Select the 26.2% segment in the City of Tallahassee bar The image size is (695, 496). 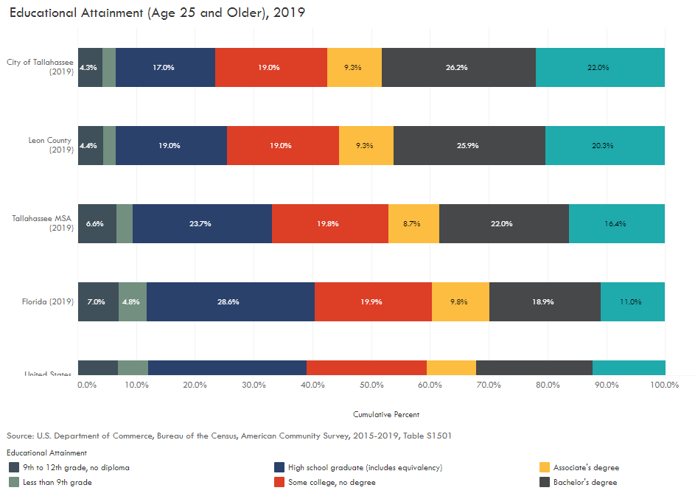pos(458,68)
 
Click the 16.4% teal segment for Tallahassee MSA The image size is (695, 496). pos(616,223)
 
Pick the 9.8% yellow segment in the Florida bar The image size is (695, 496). pos(460,301)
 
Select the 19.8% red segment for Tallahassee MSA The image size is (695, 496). pos(329,223)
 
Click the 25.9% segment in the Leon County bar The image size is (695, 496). pos(469,145)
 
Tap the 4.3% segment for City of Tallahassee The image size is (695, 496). pos(89,68)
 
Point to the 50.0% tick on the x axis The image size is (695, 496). pos(371,385)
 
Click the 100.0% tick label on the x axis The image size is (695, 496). pos(664,385)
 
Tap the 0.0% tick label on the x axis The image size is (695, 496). pos(87,385)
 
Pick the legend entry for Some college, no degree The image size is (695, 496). pos(332,482)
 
